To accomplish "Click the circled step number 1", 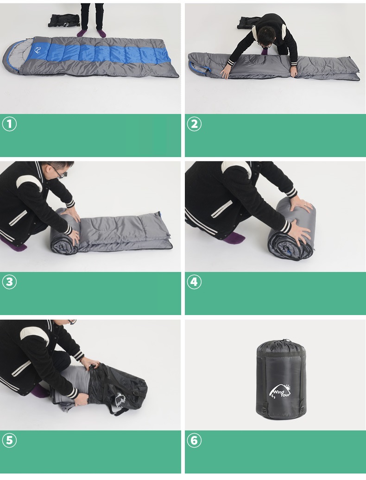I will pyautogui.click(x=9, y=124).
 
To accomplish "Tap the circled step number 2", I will pyautogui.click(x=194, y=124).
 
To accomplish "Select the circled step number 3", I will pyautogui.click(x=9, y=282).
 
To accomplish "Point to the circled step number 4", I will pyautogui.click(x=194, y=282).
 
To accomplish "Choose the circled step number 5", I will pyautogui.click(x=9, y=440).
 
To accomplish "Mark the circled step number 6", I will pyautogui.click(x=194, y=440).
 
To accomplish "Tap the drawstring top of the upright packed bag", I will pyautogui.click(x=281, y=345).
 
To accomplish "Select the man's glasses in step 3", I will pyautogui.click(x=60, y=173).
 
